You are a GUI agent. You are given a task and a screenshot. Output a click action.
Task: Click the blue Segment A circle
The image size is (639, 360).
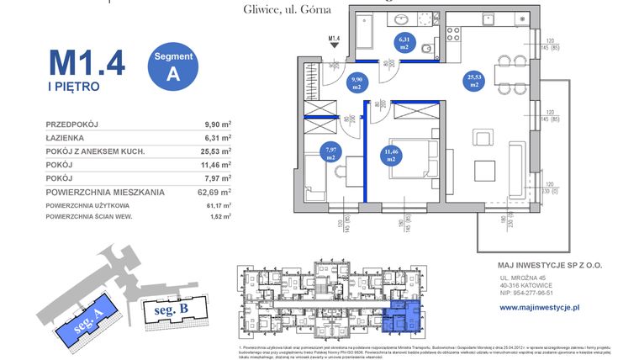point(174,65)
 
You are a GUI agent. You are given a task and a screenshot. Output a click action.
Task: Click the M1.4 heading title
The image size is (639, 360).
point(87,62)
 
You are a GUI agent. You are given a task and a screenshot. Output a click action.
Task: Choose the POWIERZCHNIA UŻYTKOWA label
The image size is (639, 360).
point(87,205)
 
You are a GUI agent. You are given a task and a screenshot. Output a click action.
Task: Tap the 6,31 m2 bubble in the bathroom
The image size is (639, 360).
point(404,42)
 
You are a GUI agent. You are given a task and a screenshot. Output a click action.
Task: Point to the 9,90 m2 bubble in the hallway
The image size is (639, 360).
point(356,82)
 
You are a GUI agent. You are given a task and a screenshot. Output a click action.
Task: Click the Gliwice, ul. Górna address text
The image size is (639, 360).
point(274,9)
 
